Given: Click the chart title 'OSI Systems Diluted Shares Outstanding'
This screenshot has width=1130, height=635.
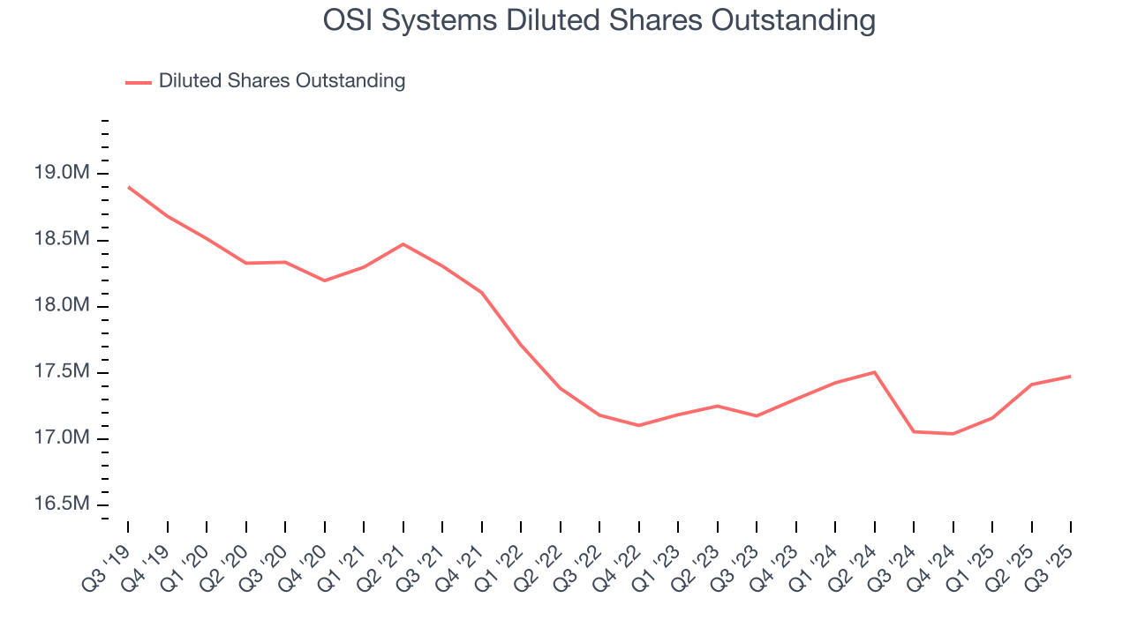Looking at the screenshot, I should point(599,20).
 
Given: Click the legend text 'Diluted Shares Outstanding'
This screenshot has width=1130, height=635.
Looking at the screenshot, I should point(282,81).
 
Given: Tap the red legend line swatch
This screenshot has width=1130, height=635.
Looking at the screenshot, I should point(139,82).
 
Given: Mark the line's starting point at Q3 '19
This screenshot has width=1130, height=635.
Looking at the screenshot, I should point(128,187).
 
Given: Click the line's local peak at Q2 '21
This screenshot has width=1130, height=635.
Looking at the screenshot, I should point(403,244).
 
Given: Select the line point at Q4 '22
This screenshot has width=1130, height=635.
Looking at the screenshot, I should point(639,425).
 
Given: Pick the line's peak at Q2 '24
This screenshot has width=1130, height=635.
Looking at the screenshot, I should point(875,372).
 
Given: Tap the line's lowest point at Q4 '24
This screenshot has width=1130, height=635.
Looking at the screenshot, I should point(953,434).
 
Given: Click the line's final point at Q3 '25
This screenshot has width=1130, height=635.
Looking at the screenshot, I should point(1071,377).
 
